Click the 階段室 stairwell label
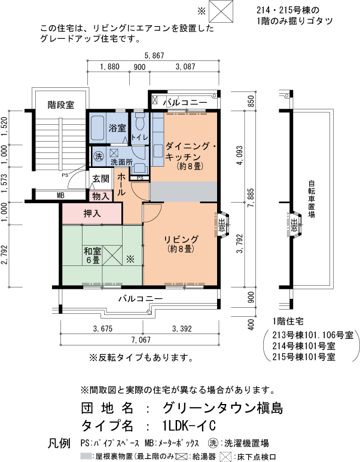click(60, 105)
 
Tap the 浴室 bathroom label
click(117, 128)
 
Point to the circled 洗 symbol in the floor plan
click(99, 157)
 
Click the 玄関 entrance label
click(100, 179)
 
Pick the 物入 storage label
click(100, 195)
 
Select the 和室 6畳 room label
click(92, 256)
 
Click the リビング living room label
click(181, 244)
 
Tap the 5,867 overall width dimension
click(153, 56)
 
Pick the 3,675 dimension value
click(103, 328)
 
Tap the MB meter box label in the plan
click(60, 195)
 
